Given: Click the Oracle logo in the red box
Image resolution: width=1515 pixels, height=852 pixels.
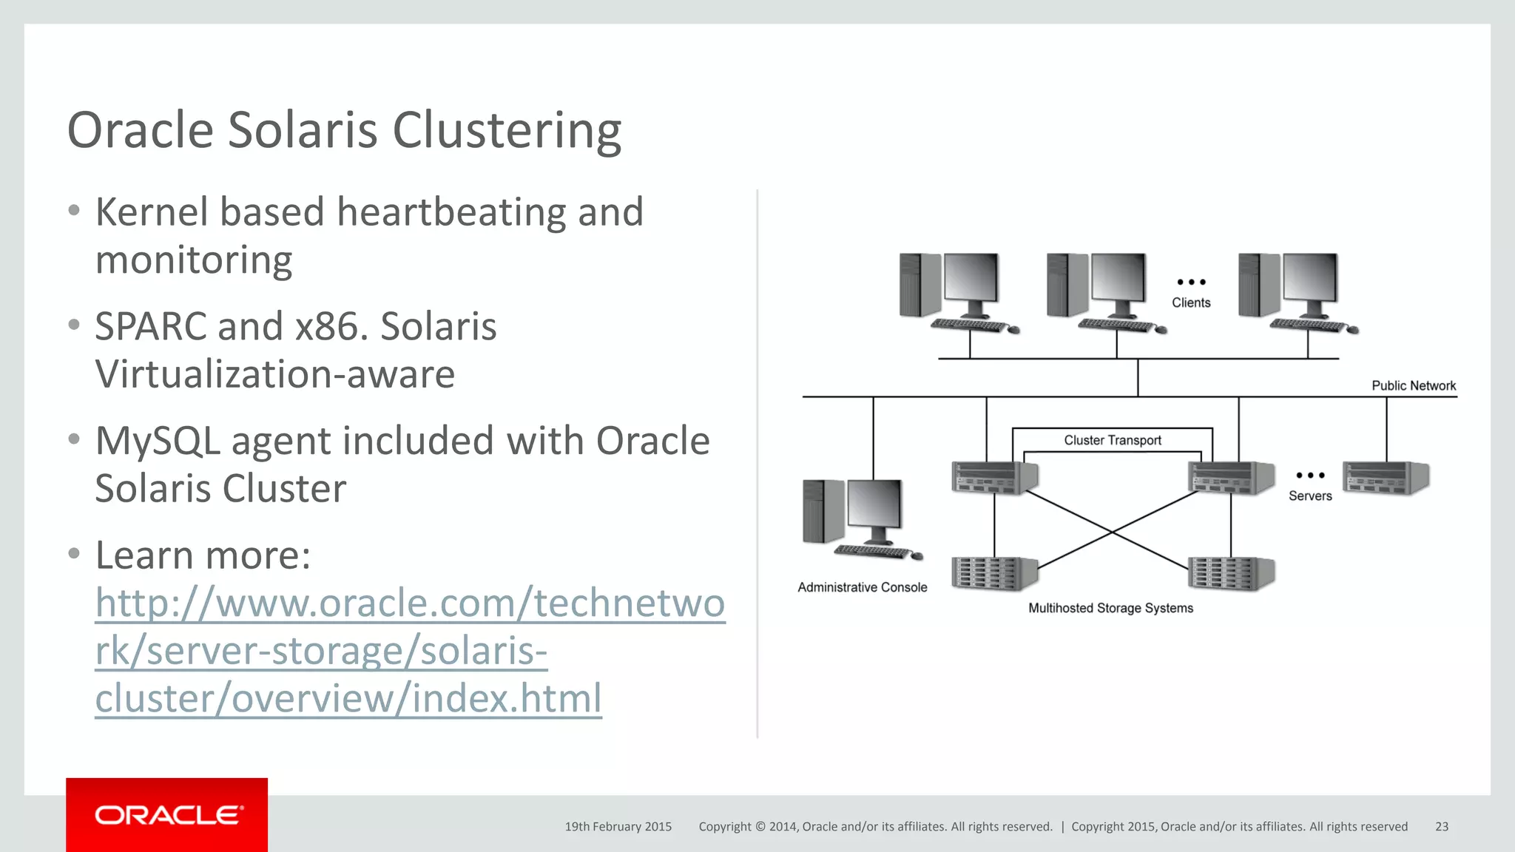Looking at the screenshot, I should (x=168, y=815).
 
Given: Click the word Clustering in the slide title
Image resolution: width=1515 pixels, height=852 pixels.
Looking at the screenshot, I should (x=507, y=131).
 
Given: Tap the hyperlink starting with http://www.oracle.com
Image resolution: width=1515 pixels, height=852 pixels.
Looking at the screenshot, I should (x=410, y=651).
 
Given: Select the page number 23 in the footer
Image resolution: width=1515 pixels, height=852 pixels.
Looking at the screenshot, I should (x=1441, y=827).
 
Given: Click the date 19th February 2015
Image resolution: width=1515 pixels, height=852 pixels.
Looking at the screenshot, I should (x=618, y=827).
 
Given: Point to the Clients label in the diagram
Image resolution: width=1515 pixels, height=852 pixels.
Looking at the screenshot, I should (x=1191, y=302).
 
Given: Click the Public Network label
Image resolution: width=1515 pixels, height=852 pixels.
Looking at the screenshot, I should (x=1413, y=385).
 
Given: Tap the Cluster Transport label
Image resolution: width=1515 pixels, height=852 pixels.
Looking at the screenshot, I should (x=1112, y=440).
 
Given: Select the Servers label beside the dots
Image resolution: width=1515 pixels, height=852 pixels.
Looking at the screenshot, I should (x=1309, y=496).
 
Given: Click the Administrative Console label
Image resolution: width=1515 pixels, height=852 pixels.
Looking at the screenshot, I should (x=862, y=587).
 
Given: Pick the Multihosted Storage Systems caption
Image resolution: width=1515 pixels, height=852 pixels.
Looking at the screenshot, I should (x=1110, y=608).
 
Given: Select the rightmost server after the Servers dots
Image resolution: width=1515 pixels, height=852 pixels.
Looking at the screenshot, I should (x=1386, y=477).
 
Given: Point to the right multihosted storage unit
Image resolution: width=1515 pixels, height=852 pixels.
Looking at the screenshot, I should (x=1231, y=573).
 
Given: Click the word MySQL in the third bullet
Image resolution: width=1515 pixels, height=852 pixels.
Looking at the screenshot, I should (x=157, y=442).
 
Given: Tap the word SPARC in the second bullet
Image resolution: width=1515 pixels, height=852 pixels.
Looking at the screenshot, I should (x=151, y=327).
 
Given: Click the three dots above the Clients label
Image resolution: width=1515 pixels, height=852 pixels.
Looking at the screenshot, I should (x=1191, y=282).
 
